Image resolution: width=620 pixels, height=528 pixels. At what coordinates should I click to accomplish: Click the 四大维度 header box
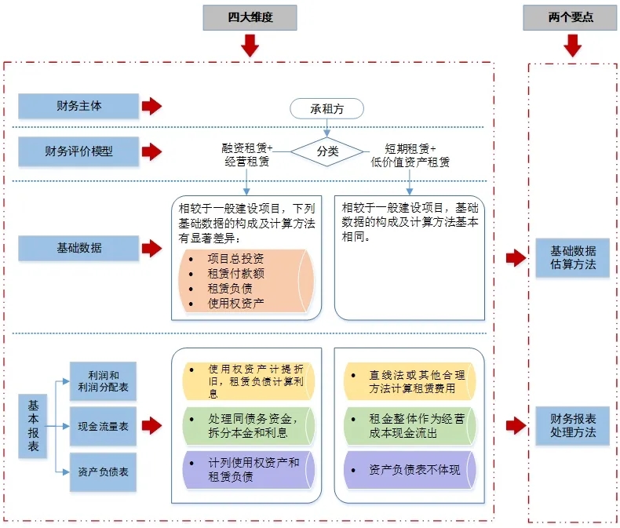(x=250, y=16)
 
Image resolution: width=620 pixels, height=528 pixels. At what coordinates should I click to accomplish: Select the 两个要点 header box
(x=571, y=16)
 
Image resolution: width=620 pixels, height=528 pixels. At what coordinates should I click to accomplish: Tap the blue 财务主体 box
(x=78, y=106)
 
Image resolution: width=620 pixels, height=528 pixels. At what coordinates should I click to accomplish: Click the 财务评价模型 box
(x=78, y=150)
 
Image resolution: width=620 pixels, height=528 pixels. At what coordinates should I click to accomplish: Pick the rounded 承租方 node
(x=327, y=109)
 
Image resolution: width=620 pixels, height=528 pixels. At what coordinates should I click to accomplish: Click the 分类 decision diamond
(x=327, y=151)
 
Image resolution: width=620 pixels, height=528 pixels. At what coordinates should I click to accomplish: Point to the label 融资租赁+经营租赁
(x=247, y=155)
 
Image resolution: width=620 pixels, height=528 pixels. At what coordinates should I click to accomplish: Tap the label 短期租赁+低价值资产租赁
(x=410, y=155)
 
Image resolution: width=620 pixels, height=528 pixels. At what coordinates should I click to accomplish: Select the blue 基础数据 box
(x=78, y=249)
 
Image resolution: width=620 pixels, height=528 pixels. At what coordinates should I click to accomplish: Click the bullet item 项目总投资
(x=235, y=259)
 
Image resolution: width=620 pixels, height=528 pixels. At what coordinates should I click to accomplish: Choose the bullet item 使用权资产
(x=235, y=303)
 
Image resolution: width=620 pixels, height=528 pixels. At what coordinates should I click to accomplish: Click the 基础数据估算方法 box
(x=572, y=257)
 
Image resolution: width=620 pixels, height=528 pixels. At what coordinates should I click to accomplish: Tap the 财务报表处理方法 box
(x=572, y=425)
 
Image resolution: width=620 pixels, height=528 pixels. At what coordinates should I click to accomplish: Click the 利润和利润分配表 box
(x=103, y=381)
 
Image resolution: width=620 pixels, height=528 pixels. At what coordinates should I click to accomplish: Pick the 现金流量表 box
(x=103, y=427)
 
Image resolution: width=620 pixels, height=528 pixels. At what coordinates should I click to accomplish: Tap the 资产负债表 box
(x=103, y=472)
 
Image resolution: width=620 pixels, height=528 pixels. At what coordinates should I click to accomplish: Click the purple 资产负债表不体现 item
(x=410, y=470)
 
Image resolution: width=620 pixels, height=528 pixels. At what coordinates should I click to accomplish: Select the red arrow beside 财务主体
(x=151, y=106)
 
